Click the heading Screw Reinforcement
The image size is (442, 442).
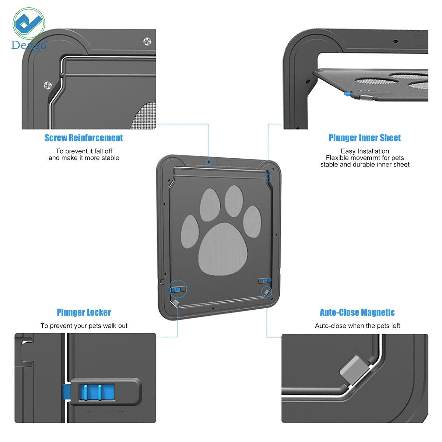[x=84, y=138]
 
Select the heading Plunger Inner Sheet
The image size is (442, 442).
[x=365, y=138]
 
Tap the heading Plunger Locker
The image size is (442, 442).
[x=84, y=312]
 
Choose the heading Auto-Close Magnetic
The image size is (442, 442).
[x=357, y=312]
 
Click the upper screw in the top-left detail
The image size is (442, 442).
[x=148, y=41]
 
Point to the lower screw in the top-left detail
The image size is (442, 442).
[x=48, y=85]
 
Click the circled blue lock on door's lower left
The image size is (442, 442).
[x=178, y=290]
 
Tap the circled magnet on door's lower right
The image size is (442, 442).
[x=266, y=292]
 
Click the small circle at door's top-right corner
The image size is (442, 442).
[x=269, y=178]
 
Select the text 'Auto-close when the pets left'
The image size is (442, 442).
[x=357, y=326]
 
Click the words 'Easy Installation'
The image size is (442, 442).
[x=365, y=151]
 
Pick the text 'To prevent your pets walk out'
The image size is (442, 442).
[x=84, y=326]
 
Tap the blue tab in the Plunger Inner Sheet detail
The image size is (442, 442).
[x=347, y=94]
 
